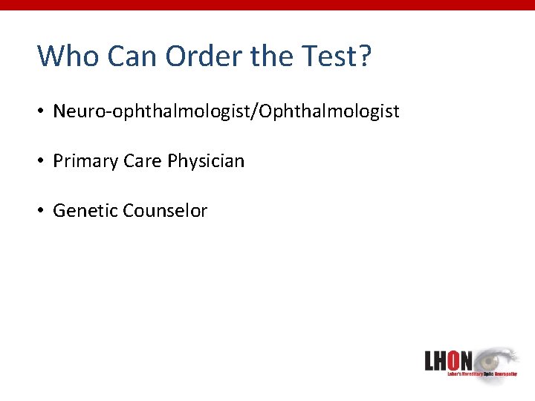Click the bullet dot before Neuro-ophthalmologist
43,112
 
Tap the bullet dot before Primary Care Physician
43,162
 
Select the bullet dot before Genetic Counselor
43,211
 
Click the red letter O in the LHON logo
454,362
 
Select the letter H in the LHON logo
441,362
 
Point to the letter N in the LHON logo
466,362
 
